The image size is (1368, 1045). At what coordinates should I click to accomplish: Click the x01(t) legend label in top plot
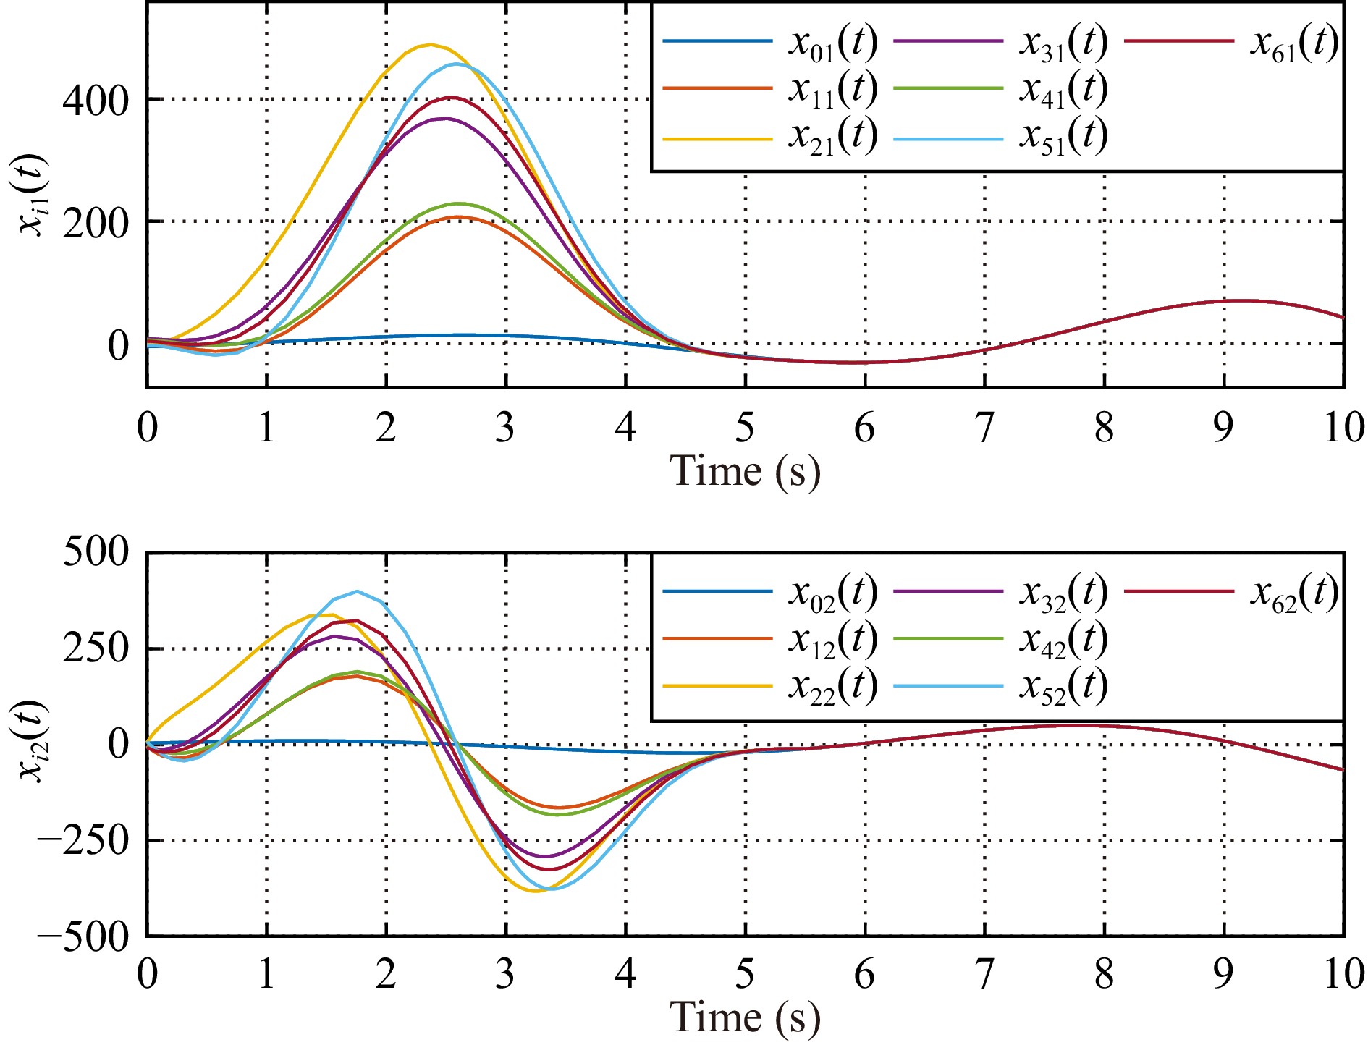[832, 43]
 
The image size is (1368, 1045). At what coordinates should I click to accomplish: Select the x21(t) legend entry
[832, 136]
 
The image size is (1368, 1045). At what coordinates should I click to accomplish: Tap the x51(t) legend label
[1063, 136]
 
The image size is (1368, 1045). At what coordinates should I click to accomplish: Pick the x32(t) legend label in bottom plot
[1063, 593]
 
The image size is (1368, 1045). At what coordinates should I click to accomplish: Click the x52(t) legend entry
[1063, 686]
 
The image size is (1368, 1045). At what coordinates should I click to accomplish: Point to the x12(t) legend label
[832, 640]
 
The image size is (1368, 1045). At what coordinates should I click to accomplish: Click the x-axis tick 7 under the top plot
[984, 428]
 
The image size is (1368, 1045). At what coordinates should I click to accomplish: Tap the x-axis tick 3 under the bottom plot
[506, 975]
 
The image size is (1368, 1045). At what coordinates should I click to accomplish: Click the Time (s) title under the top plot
[746, 472]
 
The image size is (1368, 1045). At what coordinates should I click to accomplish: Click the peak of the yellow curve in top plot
[431, 45]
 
